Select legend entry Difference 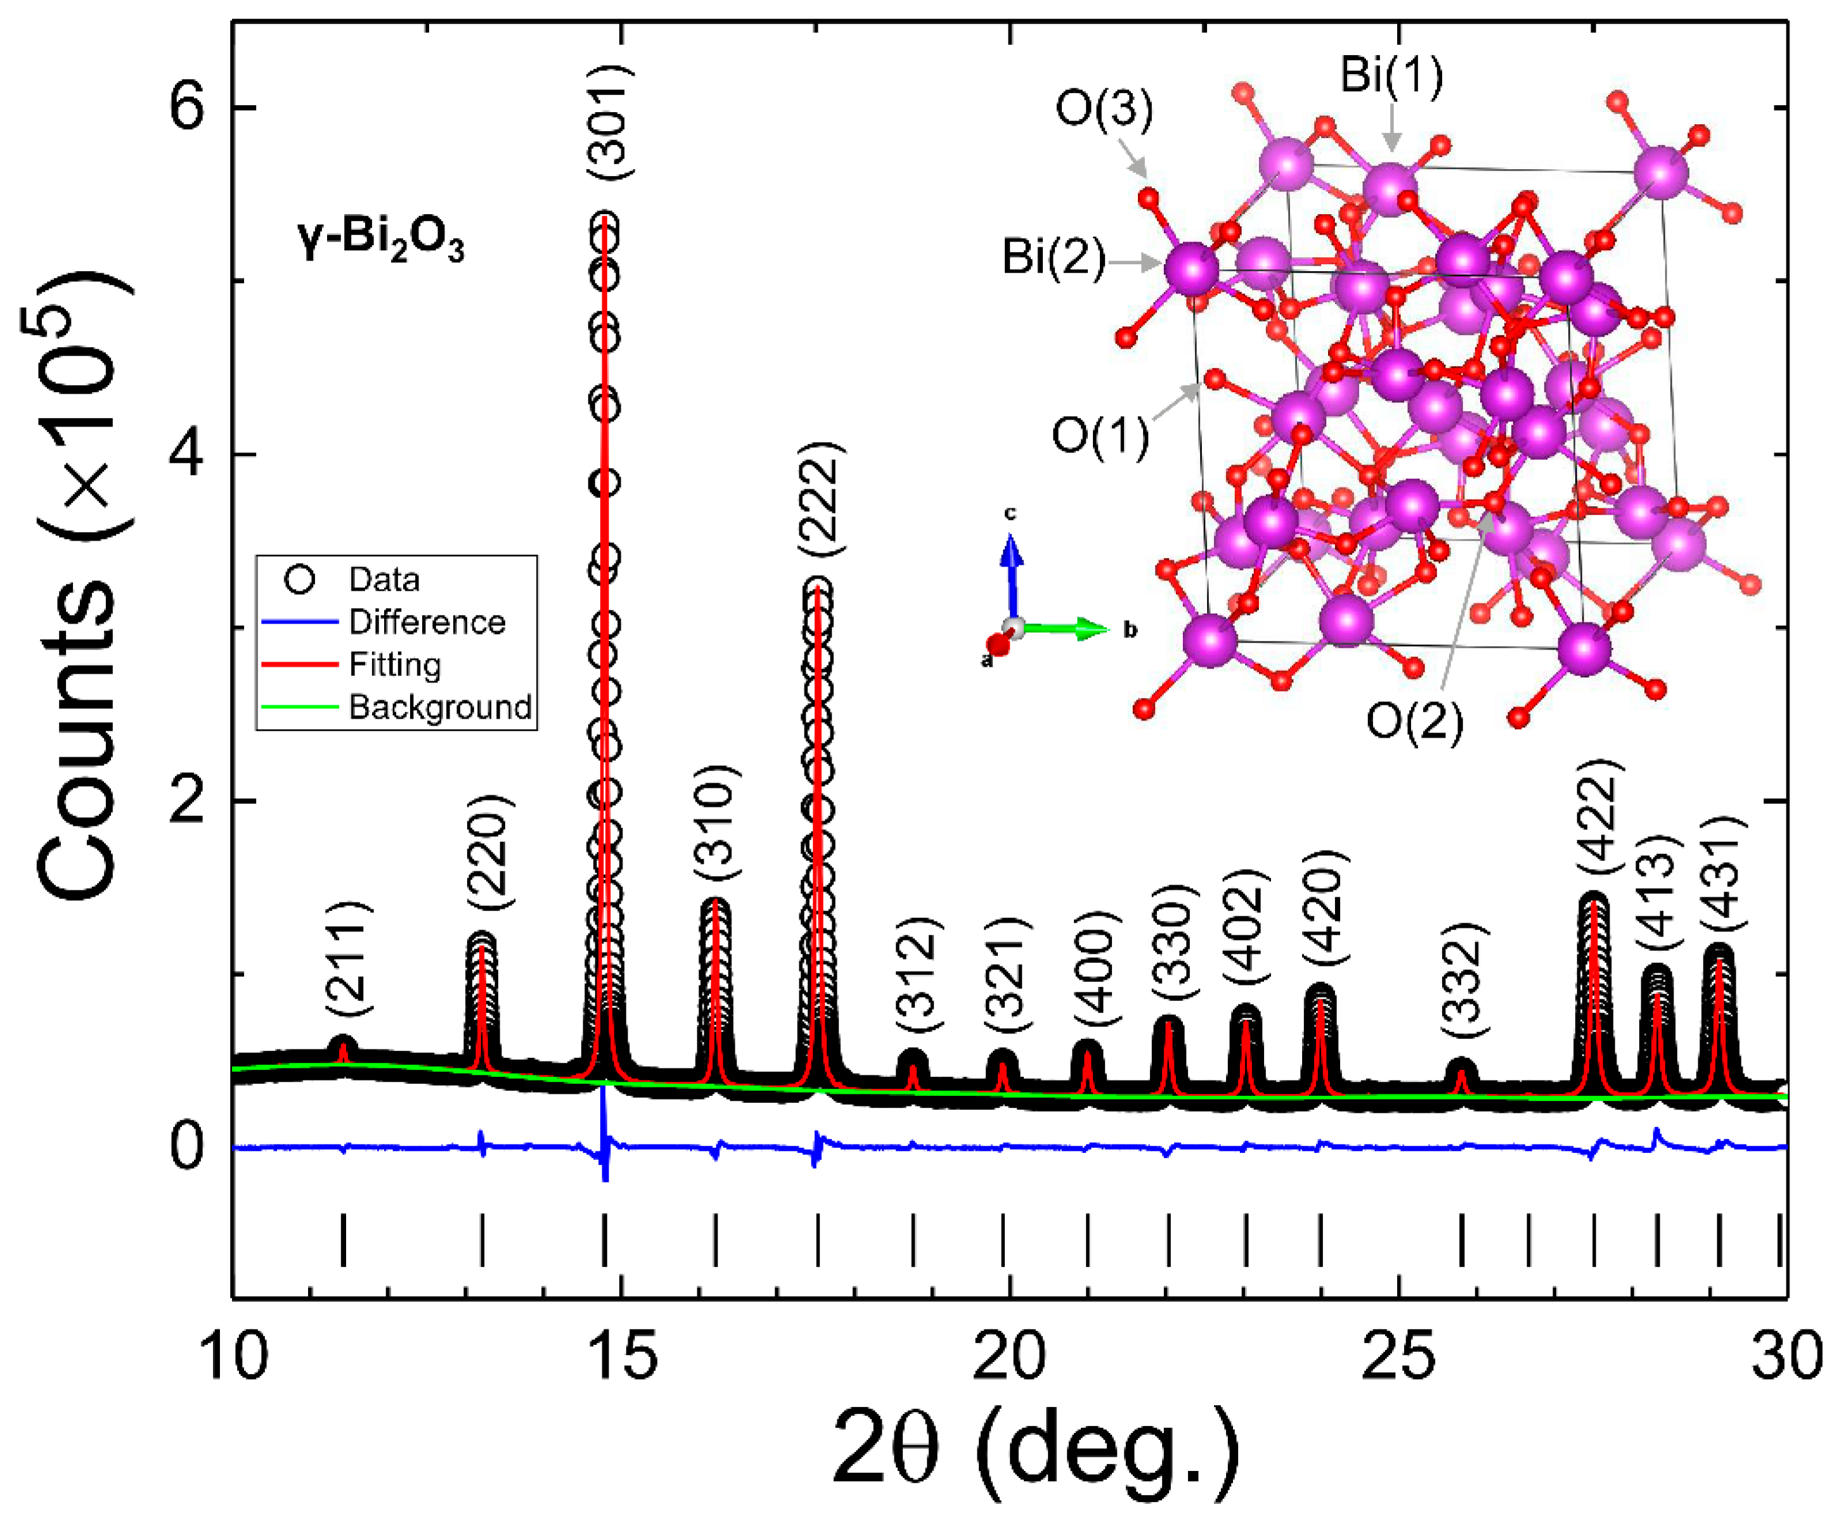(427, 622)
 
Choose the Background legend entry (439, 707)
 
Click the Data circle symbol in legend (299, 580)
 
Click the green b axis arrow (1068, 628)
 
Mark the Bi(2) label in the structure (1054, 259)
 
